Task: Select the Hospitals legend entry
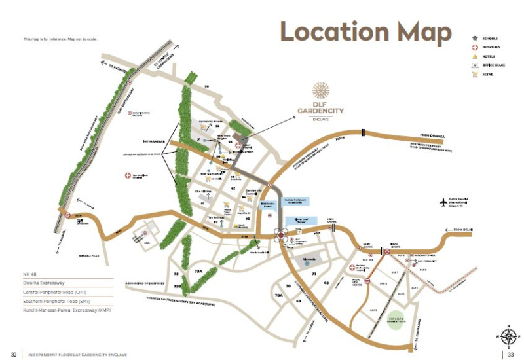coord(491,47)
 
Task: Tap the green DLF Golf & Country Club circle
coord(398,320)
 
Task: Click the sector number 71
coord(314,273)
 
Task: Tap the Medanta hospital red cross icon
coord(352,267)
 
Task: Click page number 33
coord(510,354)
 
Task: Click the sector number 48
coord(326,283)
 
